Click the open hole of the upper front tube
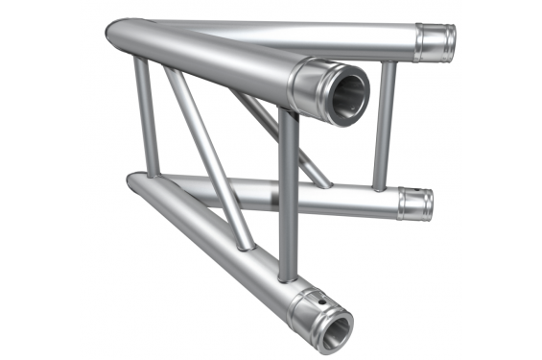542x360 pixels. tap(348, 94)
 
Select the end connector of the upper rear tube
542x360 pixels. tap(436, 41)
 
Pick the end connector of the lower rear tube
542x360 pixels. tap(415, 204)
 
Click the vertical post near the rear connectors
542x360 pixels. tap(386, 125)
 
